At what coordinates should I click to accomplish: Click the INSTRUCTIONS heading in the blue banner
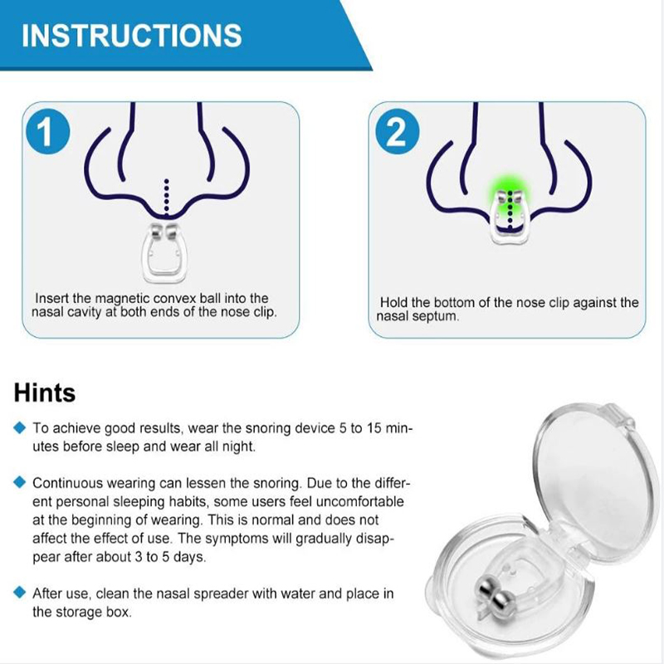(132, 35)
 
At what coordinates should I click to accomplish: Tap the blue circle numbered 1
(47, 132)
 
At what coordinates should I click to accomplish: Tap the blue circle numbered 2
(397, 132)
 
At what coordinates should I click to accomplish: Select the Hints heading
(45, 393)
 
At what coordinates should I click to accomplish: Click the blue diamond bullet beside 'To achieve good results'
(19, 427)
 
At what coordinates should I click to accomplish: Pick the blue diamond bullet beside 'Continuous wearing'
(19, 482)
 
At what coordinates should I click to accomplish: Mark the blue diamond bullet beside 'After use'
(19, 592)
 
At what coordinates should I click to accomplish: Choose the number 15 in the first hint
(374, 428)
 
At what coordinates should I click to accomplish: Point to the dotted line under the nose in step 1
(167, 196)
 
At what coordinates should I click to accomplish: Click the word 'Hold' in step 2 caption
(393, 303)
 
